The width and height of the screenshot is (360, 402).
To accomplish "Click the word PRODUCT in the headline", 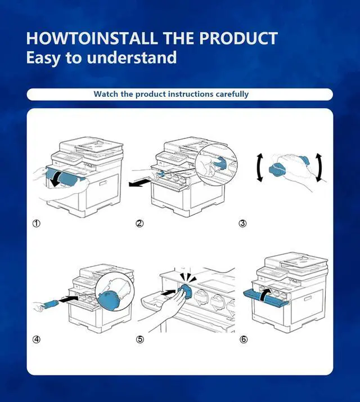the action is [x=238, y=38].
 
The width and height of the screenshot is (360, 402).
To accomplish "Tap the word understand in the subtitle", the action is [x=132, y=57].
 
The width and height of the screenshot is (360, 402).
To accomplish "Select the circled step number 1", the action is [x=37, y=224].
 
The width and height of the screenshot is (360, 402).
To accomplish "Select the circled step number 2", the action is [x=139, y=224].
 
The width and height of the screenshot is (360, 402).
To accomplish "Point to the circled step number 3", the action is [x=242, y=224].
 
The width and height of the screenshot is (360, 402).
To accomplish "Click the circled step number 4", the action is [x=37, y=339].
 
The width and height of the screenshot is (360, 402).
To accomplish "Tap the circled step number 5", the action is [x=139, y=339].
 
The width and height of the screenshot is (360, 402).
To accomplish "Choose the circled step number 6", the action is [x=244, y=339].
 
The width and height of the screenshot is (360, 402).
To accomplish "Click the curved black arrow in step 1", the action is [x=57, y=178].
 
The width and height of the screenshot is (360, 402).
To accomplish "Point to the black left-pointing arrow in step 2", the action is [x=139, y=183].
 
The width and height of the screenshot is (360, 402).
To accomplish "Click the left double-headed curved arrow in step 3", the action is [x=259, y=168].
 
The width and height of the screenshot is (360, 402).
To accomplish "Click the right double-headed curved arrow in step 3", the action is [x=319, y=168].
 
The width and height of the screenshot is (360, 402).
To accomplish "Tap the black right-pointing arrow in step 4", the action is [x=69, y=298].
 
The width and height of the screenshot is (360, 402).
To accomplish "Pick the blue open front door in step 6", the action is [x=265, y=298].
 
